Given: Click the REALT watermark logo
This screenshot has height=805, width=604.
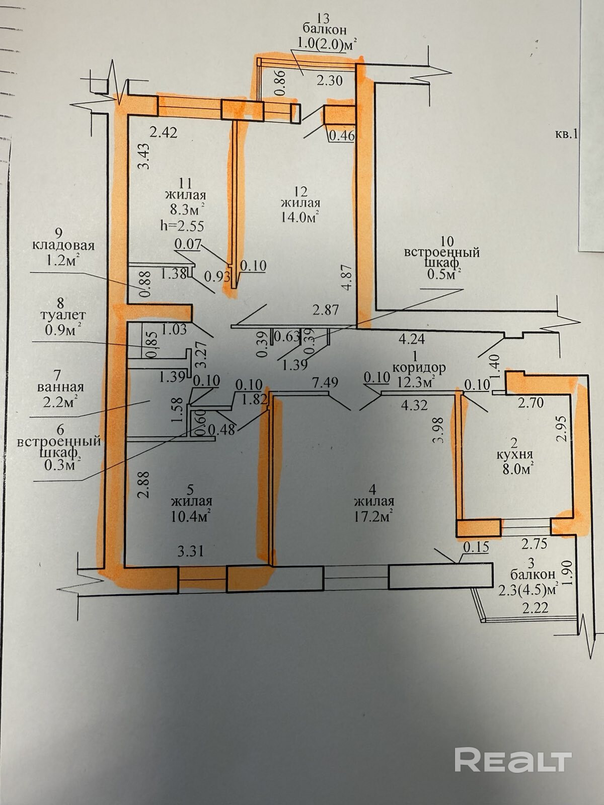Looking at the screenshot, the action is [x=513, y=746].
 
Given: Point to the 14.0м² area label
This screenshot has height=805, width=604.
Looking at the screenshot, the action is [x=300, y=217].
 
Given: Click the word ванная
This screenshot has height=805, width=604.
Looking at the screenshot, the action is [x=60, y=387].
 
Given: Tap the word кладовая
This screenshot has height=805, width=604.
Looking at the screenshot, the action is [x=63, y=246].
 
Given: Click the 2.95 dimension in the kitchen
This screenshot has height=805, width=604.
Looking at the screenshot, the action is [x=563, y=428].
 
